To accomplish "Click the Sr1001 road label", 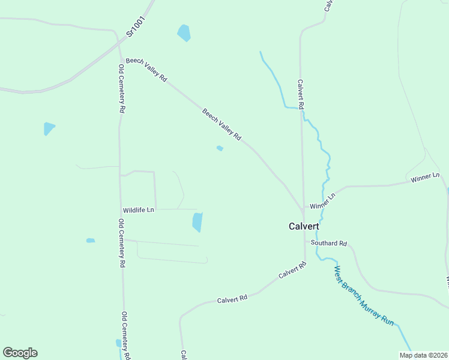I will coord(137,23).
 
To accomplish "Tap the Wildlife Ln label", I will coord(139,210).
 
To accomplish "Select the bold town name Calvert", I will coord(304,226).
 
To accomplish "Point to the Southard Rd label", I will coord(329,244).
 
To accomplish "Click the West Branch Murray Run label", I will coord(364,296).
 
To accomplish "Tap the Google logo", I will coord(20,353).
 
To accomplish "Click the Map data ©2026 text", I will coord(423,355).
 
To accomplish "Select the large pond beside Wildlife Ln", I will coord(197,222).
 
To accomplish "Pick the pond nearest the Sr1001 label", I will coord(184,32).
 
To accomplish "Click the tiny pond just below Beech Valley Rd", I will coord(220,148).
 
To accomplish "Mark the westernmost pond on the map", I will coord(49,128).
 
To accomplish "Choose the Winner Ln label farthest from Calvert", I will coord(425,179).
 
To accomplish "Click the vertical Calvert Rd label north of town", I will coord(301,94).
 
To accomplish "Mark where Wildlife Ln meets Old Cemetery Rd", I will coord(121,210).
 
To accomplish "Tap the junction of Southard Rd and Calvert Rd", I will coord(305,242).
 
